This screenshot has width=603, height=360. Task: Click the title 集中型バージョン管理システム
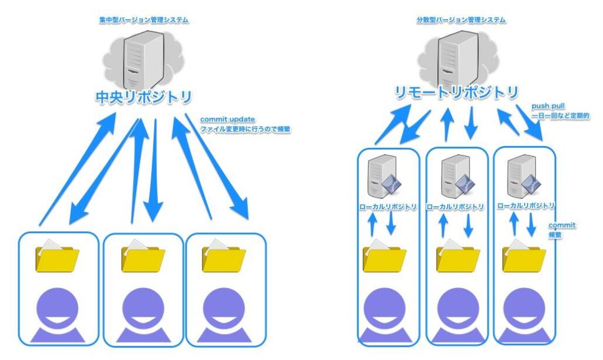(144, 21)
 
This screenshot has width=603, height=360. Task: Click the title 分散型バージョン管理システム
(460, 20)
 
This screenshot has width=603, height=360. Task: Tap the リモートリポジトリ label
(457, 93)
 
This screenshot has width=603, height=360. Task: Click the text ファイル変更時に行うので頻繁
(245, 129)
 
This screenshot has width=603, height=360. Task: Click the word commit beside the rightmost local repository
(562, 225)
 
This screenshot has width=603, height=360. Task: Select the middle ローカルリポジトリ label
(455, 207)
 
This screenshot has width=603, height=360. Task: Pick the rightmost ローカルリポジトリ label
(526, 206)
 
